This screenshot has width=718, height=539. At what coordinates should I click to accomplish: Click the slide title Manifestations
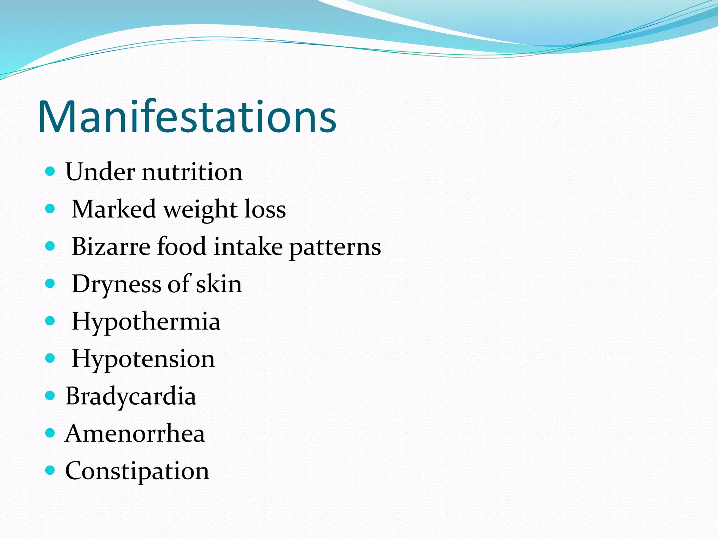tap(187, 117)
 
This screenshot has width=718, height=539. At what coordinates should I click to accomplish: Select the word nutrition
tap(192, 172)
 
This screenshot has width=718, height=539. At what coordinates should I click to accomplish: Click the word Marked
tap(114, 209)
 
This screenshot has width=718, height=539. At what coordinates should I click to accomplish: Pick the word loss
tap(265, 209)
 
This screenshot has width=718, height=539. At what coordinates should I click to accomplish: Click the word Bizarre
tap(111, 246)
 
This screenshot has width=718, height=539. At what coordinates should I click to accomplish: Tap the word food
tap(182, 246)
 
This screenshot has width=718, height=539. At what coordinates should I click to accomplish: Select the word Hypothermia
tap(146, 321)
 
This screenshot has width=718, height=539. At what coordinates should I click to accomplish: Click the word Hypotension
tap(143, 359)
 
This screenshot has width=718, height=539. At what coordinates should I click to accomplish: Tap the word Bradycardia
tap(131, 397)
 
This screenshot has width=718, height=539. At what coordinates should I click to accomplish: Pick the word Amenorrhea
tap(135, 433)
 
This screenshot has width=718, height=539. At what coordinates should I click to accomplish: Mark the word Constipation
tap(137, 471)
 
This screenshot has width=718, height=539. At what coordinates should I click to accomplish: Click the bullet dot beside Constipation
tap(50, 470)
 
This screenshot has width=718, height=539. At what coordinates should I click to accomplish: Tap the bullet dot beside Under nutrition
tap(50, 172)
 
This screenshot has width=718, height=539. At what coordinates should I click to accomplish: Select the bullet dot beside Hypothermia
tap(50, 321)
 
